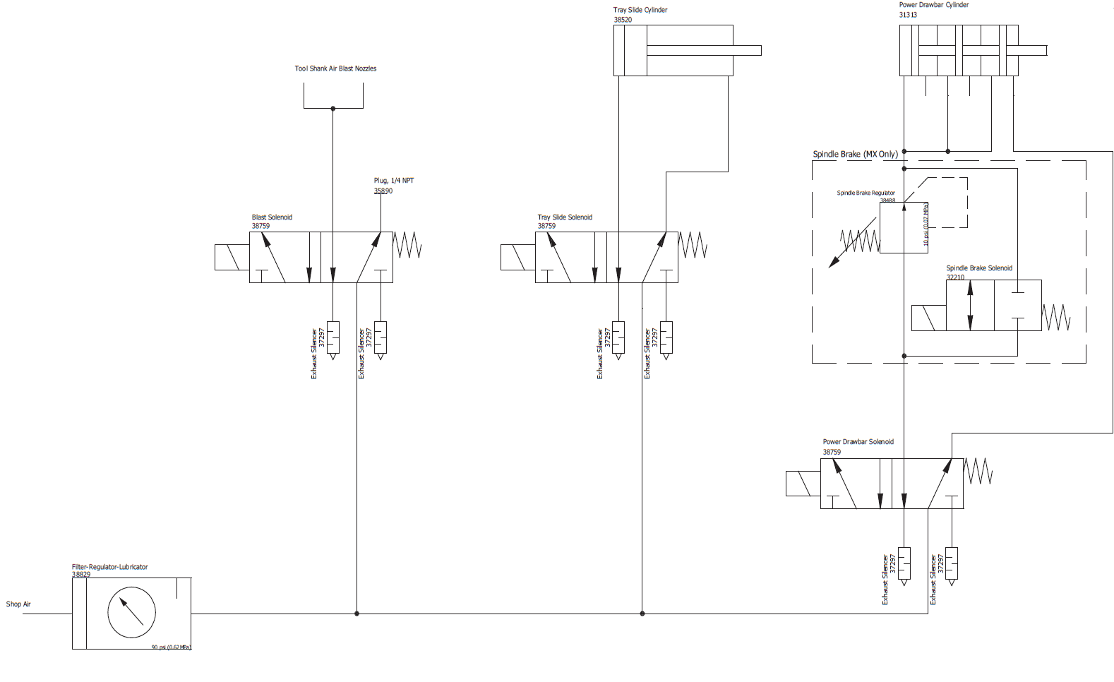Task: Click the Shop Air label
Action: coord(18,604)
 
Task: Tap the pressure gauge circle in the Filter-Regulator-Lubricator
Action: coord(131,613)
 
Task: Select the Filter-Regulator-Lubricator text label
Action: coord(109,567)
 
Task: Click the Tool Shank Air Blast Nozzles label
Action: coord(335,68)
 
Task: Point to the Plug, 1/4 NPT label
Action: coord(394,181)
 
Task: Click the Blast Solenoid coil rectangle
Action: coord(232,258)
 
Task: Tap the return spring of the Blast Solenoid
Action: coord(407,245)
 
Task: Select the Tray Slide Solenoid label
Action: coord(565,217)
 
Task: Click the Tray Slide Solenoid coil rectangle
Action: coord(517,258)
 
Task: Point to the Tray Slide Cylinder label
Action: coord(640,10)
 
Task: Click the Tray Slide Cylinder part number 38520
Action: coord(623,20)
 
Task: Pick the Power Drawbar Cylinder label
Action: coord(933,5)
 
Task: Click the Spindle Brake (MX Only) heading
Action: coord(855,154)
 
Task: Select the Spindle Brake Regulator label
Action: coord(866,193)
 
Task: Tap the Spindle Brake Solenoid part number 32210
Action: coord(955,277)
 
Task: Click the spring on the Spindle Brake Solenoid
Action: coord(1056,317)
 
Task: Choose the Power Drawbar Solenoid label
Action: coord(858,442)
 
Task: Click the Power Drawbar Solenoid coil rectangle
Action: coord(803,484)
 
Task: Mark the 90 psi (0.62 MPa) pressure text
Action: coord(171,647)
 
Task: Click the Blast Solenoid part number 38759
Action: coord(260,226)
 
